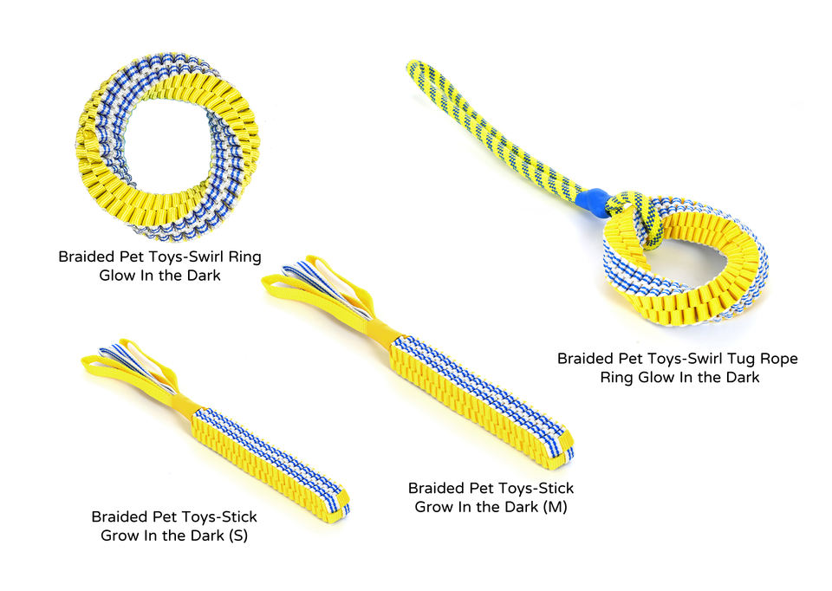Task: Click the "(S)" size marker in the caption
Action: [237, 536]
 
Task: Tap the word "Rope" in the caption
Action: [776, 358]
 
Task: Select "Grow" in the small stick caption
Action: [122, 536]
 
